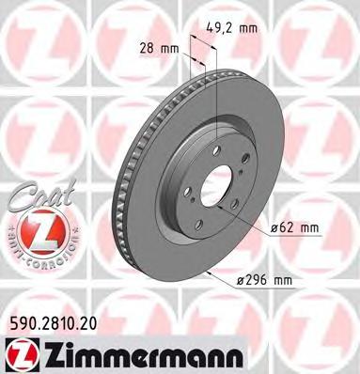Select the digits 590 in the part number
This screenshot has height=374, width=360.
click(x=20, y=321)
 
